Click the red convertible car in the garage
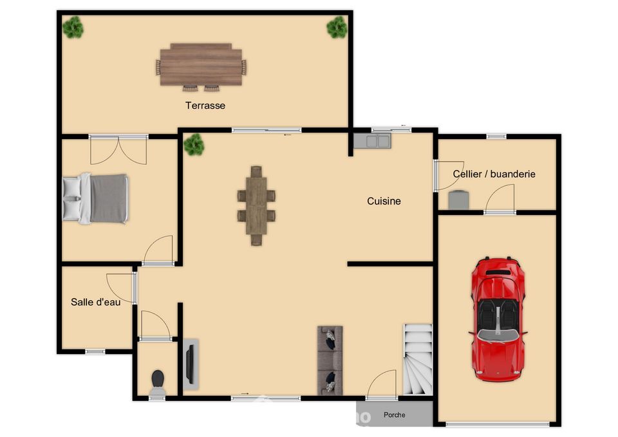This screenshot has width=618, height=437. (498, 319)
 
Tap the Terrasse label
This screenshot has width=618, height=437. (205, 106)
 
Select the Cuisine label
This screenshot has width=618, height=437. (384, 201)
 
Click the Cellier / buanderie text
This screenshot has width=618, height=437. (494, 174)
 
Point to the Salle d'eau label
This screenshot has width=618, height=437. (95, 302)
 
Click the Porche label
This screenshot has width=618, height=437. (394, 414)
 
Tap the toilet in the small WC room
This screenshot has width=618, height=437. (158, 382)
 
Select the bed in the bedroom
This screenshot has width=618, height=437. (96, 199)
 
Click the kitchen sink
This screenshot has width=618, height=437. (372, 141)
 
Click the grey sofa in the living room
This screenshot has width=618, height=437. (330, 360)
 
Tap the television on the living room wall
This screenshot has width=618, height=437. (191, 364)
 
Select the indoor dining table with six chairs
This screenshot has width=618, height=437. (256, 206)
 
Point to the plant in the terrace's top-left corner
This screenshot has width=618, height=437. (73, 27)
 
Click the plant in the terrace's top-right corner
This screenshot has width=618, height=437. (337, 27)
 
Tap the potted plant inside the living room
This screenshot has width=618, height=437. (194, 144)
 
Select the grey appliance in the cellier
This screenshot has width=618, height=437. (459, 200)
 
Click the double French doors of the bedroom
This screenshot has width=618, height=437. (118, 150)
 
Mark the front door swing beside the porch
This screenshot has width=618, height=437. (381, 384)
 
